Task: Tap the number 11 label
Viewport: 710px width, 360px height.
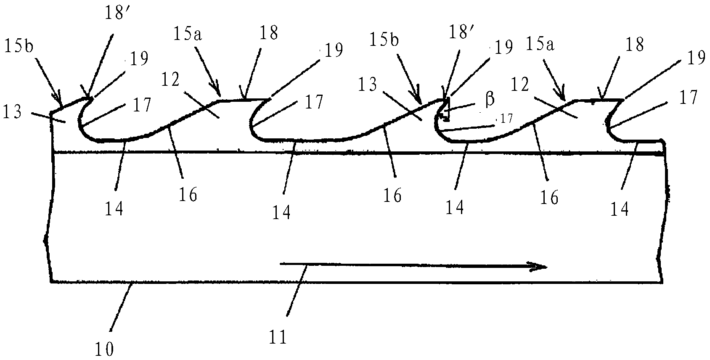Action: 278,337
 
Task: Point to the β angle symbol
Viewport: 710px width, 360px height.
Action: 490,100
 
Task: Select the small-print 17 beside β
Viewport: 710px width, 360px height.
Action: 506,119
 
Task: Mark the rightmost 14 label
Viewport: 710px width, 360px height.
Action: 619,209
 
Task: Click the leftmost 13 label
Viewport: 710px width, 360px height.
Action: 12,112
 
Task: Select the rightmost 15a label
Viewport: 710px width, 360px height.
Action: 540,44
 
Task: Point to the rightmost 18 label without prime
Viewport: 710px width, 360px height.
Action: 635,44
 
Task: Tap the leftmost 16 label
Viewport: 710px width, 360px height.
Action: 188,195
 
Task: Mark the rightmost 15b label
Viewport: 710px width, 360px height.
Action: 384,40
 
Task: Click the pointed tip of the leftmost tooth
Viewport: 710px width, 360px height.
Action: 92,98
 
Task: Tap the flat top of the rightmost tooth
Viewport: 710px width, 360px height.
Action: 599,101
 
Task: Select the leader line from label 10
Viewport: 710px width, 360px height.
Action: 122,307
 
